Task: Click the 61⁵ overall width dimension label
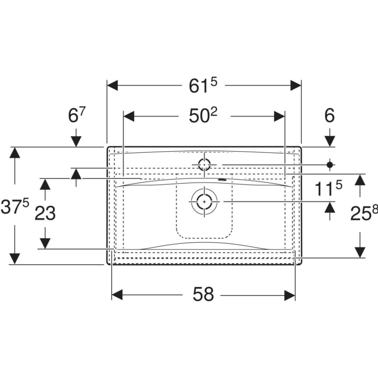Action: (x=203, y=85)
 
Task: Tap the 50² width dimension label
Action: (x=203, y=116)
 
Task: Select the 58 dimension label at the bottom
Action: (x=203, y=294)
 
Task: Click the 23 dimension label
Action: (x=45, y=213)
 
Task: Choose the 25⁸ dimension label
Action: (x=364, y=213)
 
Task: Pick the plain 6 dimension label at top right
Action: (x=330, y=116)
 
